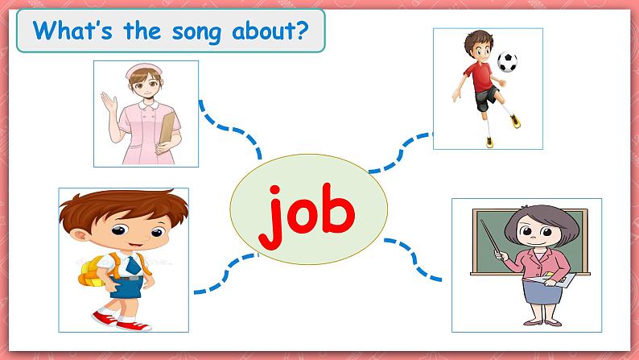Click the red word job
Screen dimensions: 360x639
(308, 213)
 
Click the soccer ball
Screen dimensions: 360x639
(507, 61)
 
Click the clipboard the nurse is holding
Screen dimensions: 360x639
(167, 127)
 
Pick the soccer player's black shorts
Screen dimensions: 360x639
(485, 100)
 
